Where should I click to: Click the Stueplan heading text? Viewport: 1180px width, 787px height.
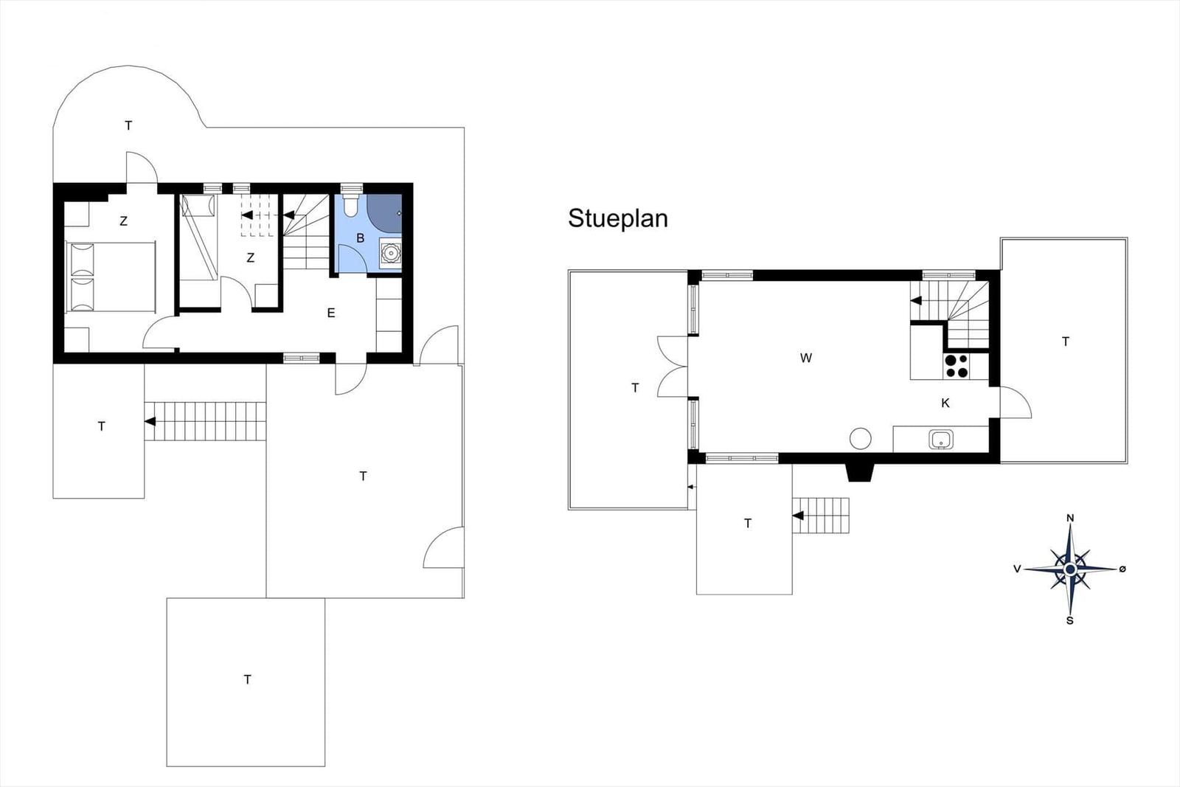pyautogui.click(x=618, y=218)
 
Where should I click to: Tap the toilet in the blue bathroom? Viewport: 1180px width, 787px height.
pyautogui.click(x=351, y=205)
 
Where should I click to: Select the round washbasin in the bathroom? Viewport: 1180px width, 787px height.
pyautogui.click(x=390, y=254)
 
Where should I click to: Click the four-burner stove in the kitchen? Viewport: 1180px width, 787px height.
pyautogui.click(x=956, y=366)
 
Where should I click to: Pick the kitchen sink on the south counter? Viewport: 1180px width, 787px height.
pyautogui.click(x=941, y=440)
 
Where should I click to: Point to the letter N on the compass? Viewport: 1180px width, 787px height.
pyautogui.click(x=1070, y=519)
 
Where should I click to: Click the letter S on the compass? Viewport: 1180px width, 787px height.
pyautogui.click(x=1069, y=620)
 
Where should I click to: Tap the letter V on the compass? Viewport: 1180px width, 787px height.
pyautogui.click(x=1017, y=569)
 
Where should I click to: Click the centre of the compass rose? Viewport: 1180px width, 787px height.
pyautogui.click(x=1070, y=569)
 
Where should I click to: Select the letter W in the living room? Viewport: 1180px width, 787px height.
pyautogui.click(x=805, y=358)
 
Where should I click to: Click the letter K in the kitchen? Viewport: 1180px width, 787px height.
pyautogui.click(x=945, y=403)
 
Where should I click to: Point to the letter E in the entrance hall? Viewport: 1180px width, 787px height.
pyautogui.click(x=331, y=313)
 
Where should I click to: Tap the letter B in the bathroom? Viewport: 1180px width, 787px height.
pyautogui.click(x=361, y=238)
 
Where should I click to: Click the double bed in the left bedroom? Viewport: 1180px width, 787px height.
pyautogui.click(x=110, y=277)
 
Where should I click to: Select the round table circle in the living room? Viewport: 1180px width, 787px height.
pyautogui.click(x=860, y=438)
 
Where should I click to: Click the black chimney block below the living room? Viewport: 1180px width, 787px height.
pyautogui.click(x=860, y=472)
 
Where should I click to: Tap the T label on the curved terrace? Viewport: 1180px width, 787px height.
pyautogui.click(x=128, y=125)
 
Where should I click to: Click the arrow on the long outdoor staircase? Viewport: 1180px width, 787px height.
pyautogui.click(x=150, y=421)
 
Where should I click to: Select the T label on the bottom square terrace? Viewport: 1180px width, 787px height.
pyautogui.click(x=247, y=679)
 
